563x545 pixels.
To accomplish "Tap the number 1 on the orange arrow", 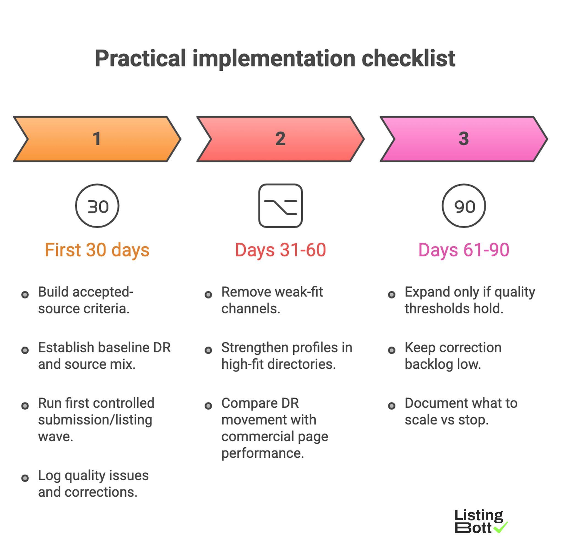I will pos(97,139).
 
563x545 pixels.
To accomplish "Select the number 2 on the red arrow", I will pos(280,139).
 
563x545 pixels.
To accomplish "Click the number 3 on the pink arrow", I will pos(463,139).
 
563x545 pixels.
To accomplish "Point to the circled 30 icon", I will pos(97,206).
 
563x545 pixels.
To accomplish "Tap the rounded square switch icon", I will pos(280,206).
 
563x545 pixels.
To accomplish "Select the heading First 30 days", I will pos(97,250).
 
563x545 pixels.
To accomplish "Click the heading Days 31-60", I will pos(280,250).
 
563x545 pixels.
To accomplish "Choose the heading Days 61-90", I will pos(463,250).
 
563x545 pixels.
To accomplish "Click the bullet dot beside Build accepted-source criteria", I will pos(25,295).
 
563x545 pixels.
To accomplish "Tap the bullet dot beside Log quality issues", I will pos(25,478).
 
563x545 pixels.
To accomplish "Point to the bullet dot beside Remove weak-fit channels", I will pos(208,295).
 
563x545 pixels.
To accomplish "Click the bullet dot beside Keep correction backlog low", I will pos(391,350).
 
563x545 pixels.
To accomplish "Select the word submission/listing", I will pos(95,420).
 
